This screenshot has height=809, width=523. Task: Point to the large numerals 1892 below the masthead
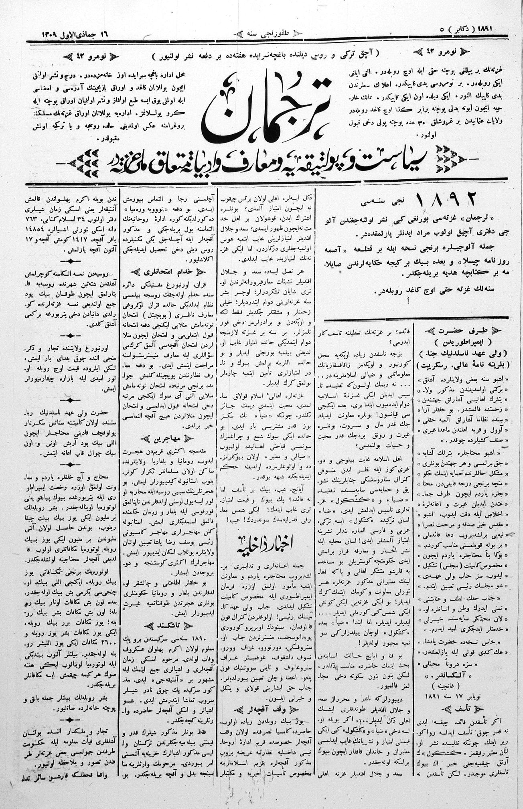(x=446, y=199)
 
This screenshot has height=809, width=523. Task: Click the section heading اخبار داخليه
(x=266, y=544)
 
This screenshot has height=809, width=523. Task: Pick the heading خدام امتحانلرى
(x=168, y=272)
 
